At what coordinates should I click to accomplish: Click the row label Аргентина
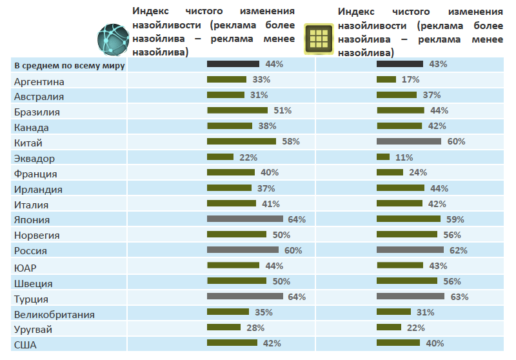pos(39,81)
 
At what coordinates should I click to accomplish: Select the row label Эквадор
pos(35,159)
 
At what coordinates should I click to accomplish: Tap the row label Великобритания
pos(54,314)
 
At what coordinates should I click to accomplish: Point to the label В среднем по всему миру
pos(69,65)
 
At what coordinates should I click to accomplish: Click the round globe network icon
pos(112,38)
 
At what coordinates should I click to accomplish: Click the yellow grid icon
pos(319,39)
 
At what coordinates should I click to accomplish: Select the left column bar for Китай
pos(241,141)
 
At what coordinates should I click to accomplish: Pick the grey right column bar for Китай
pos(408,141)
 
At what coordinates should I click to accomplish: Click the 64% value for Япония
pos(297,219)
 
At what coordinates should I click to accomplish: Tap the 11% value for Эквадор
pos(404,157)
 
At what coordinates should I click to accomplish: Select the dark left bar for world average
pos(233,64)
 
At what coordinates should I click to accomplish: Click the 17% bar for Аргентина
pos(386,79)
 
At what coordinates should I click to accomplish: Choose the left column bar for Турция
pos(244,297)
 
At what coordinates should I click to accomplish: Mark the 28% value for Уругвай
pos(255,328)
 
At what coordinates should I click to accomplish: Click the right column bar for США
pos(398,343)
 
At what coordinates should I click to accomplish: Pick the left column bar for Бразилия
pos(237,110)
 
